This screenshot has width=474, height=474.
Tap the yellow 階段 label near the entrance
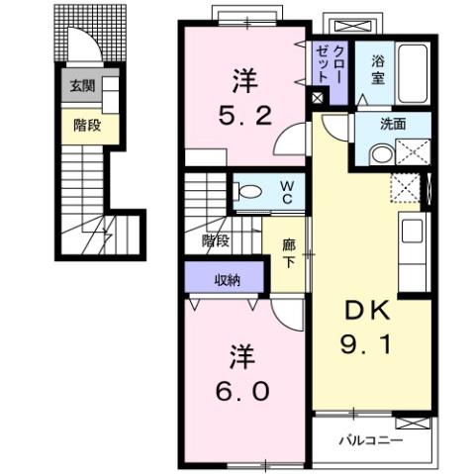tap(86, 125)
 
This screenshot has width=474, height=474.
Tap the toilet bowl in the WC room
tap(249, 192)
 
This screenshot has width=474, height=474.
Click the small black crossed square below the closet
tap(317, 97)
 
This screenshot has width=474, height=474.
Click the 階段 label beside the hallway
tap(216, 238)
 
